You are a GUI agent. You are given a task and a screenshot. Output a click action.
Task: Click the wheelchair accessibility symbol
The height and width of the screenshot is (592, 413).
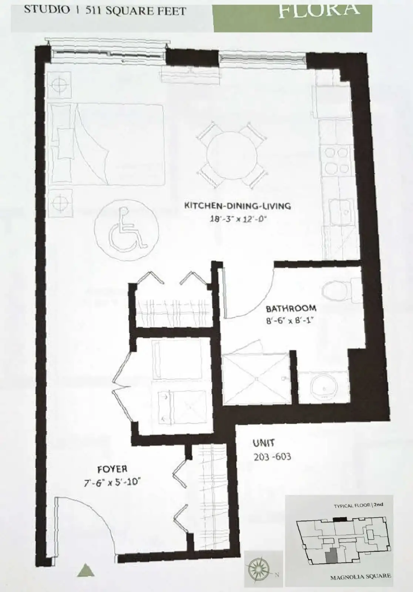[x=127, y=230]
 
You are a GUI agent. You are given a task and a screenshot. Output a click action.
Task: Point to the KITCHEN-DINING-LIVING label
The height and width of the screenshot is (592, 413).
[x=238, y=206]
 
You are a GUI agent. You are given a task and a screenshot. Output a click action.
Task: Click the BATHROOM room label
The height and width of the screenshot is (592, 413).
[x=291, y=309]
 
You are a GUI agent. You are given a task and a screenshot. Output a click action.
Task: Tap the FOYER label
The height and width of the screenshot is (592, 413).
[x=113, y=469]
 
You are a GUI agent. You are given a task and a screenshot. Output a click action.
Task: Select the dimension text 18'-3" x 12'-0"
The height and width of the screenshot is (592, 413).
[x=237, y=219]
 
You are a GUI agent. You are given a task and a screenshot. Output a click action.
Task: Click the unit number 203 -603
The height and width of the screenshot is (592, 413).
[x=272, y=457]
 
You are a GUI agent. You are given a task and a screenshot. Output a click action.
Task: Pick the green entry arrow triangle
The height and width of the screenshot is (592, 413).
[x=85, y=570]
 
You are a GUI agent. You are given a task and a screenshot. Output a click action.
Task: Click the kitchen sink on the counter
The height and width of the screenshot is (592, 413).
[x=341, y=212]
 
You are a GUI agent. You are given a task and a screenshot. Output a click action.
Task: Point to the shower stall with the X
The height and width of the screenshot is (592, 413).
[x=256, y=379]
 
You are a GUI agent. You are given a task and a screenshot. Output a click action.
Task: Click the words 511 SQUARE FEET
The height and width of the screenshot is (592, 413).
[x=136, y=11]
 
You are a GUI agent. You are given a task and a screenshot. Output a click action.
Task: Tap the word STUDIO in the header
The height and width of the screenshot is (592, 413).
[x=47, y=10]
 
